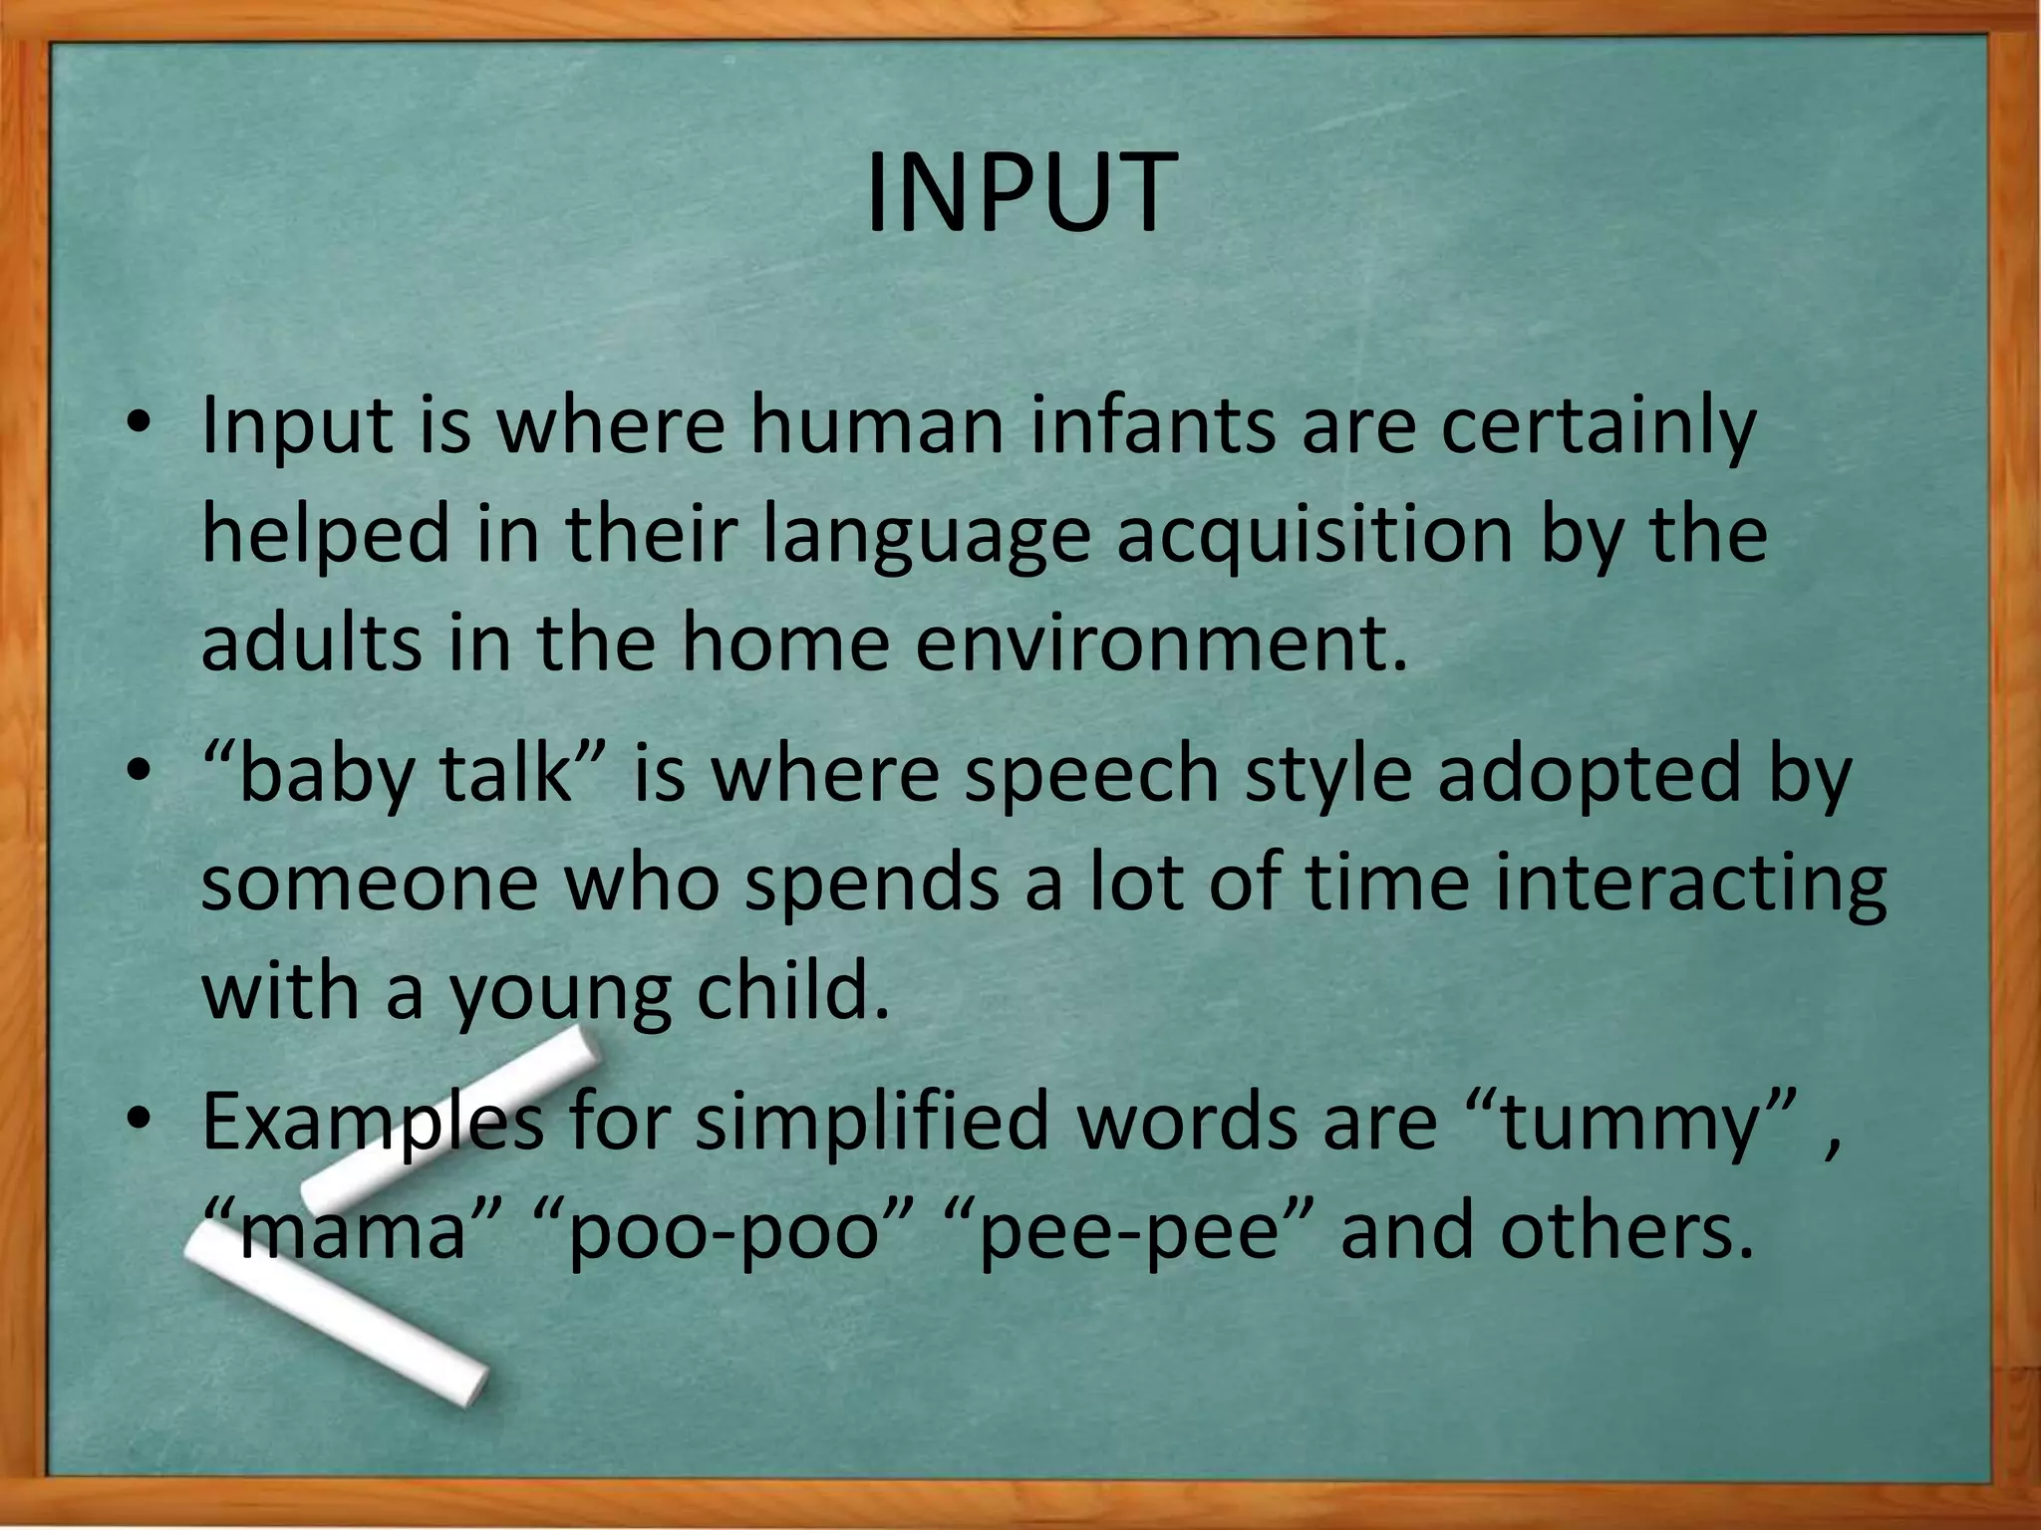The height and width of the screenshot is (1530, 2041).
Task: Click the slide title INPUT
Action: click(1020, 193)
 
